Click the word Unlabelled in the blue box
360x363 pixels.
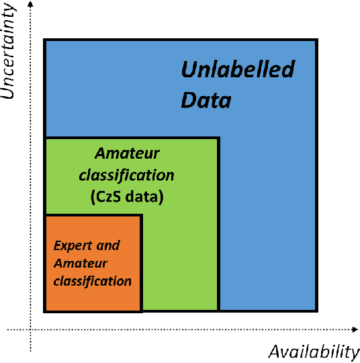pos(238,69)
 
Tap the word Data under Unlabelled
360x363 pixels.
pos(206,101)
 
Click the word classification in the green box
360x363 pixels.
pos(126,175)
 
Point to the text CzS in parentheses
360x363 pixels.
pos(113,198)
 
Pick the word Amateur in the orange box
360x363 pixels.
pos(81,264)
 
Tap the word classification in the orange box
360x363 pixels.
pos(92,281)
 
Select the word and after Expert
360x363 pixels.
pos(107,246)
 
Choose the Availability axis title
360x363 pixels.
pos(314,352)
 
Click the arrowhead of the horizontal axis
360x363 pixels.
pos(355,329)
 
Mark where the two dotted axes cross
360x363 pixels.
pos(30,329)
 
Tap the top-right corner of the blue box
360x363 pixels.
pos(317,40)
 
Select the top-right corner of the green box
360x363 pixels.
pos(218,138)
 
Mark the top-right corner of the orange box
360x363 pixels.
pos(141,215)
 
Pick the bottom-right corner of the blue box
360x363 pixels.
pos(317,311)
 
